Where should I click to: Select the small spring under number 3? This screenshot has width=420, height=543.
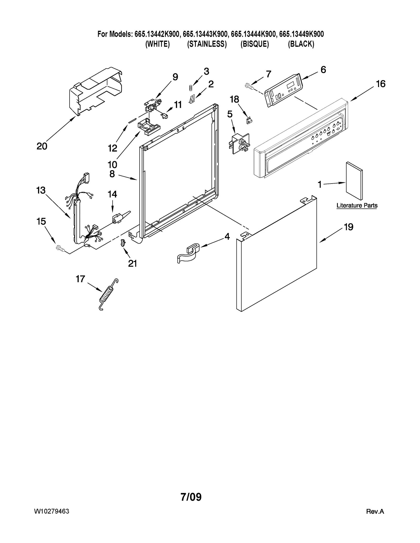(x=191, y=88)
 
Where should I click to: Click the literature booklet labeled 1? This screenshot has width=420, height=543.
(x=354, y=181)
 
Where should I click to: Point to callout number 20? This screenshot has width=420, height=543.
(x=42, y=146)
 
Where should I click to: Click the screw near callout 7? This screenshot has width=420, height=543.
(x=248, y=86)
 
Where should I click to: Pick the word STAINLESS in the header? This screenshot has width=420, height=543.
(x=207, y=44)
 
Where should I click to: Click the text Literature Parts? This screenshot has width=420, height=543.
(x=357, y=206)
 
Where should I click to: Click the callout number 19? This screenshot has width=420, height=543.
(x=349, y=227)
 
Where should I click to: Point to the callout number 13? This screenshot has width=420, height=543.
(x=41, y=190)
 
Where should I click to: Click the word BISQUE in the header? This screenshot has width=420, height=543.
(x=255, y=44)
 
